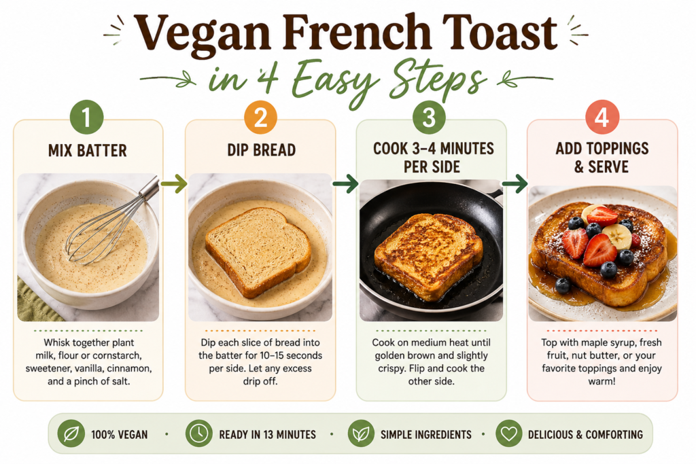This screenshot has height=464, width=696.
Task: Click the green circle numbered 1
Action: click(x=86, y=118)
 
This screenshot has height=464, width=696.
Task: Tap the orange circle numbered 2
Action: click(x=260, y=118)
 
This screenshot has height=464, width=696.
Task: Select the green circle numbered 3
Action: click(x=429, y=118)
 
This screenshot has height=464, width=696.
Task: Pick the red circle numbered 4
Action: click(x=602, y=118)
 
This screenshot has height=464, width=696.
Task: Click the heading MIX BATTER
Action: click(x=88, y=151)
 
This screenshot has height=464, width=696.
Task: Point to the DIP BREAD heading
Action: click(x=262, y=150)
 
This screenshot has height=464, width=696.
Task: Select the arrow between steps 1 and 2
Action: click(x=173, y=183)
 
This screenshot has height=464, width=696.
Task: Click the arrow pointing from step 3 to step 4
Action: click(x=515, y=183)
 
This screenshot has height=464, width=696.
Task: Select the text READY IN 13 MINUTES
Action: click(x=268, y=435)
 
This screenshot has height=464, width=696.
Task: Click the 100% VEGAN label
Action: click(x=120, y=435)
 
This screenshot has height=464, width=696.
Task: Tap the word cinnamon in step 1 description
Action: click(x=130, y=369)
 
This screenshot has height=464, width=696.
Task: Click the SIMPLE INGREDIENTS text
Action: click(x=426, y=435)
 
